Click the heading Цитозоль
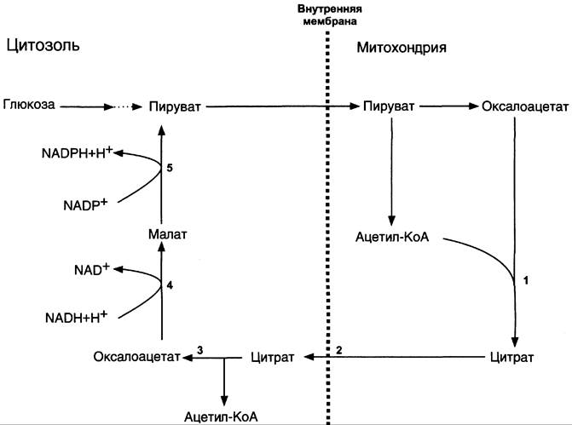tap(43, 45)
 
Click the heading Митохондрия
tap(402, 48)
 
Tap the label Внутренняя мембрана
tap(330, 15)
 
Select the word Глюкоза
tap(29, 105)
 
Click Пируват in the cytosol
tap(175, 106)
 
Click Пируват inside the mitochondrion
tap(389, 106)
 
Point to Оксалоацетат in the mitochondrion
tap(525, 106)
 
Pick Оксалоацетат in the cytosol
tap(136, 357)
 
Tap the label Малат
tap(167, 234)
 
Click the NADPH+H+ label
tap(78, 152)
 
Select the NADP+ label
tap(85, 205)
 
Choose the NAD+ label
tap(92, 269)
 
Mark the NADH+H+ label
tap(76, 317)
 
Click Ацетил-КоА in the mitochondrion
tap(392, 237)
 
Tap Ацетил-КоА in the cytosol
tap(221, 416)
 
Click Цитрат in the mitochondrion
tap(511, 357)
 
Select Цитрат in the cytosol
tap(272, 357)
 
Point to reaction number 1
tap(526, 281)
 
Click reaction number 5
tap(170, 168)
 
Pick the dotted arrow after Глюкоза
tap(128, 106)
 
